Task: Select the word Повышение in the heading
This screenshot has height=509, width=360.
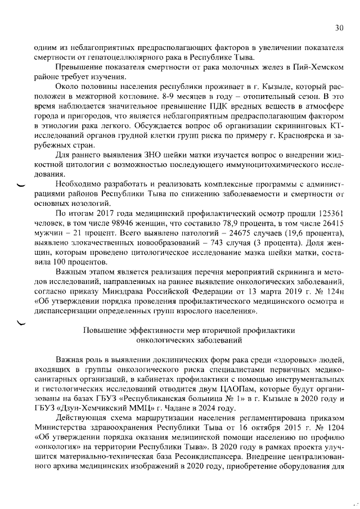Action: click(x=109, y=331)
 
